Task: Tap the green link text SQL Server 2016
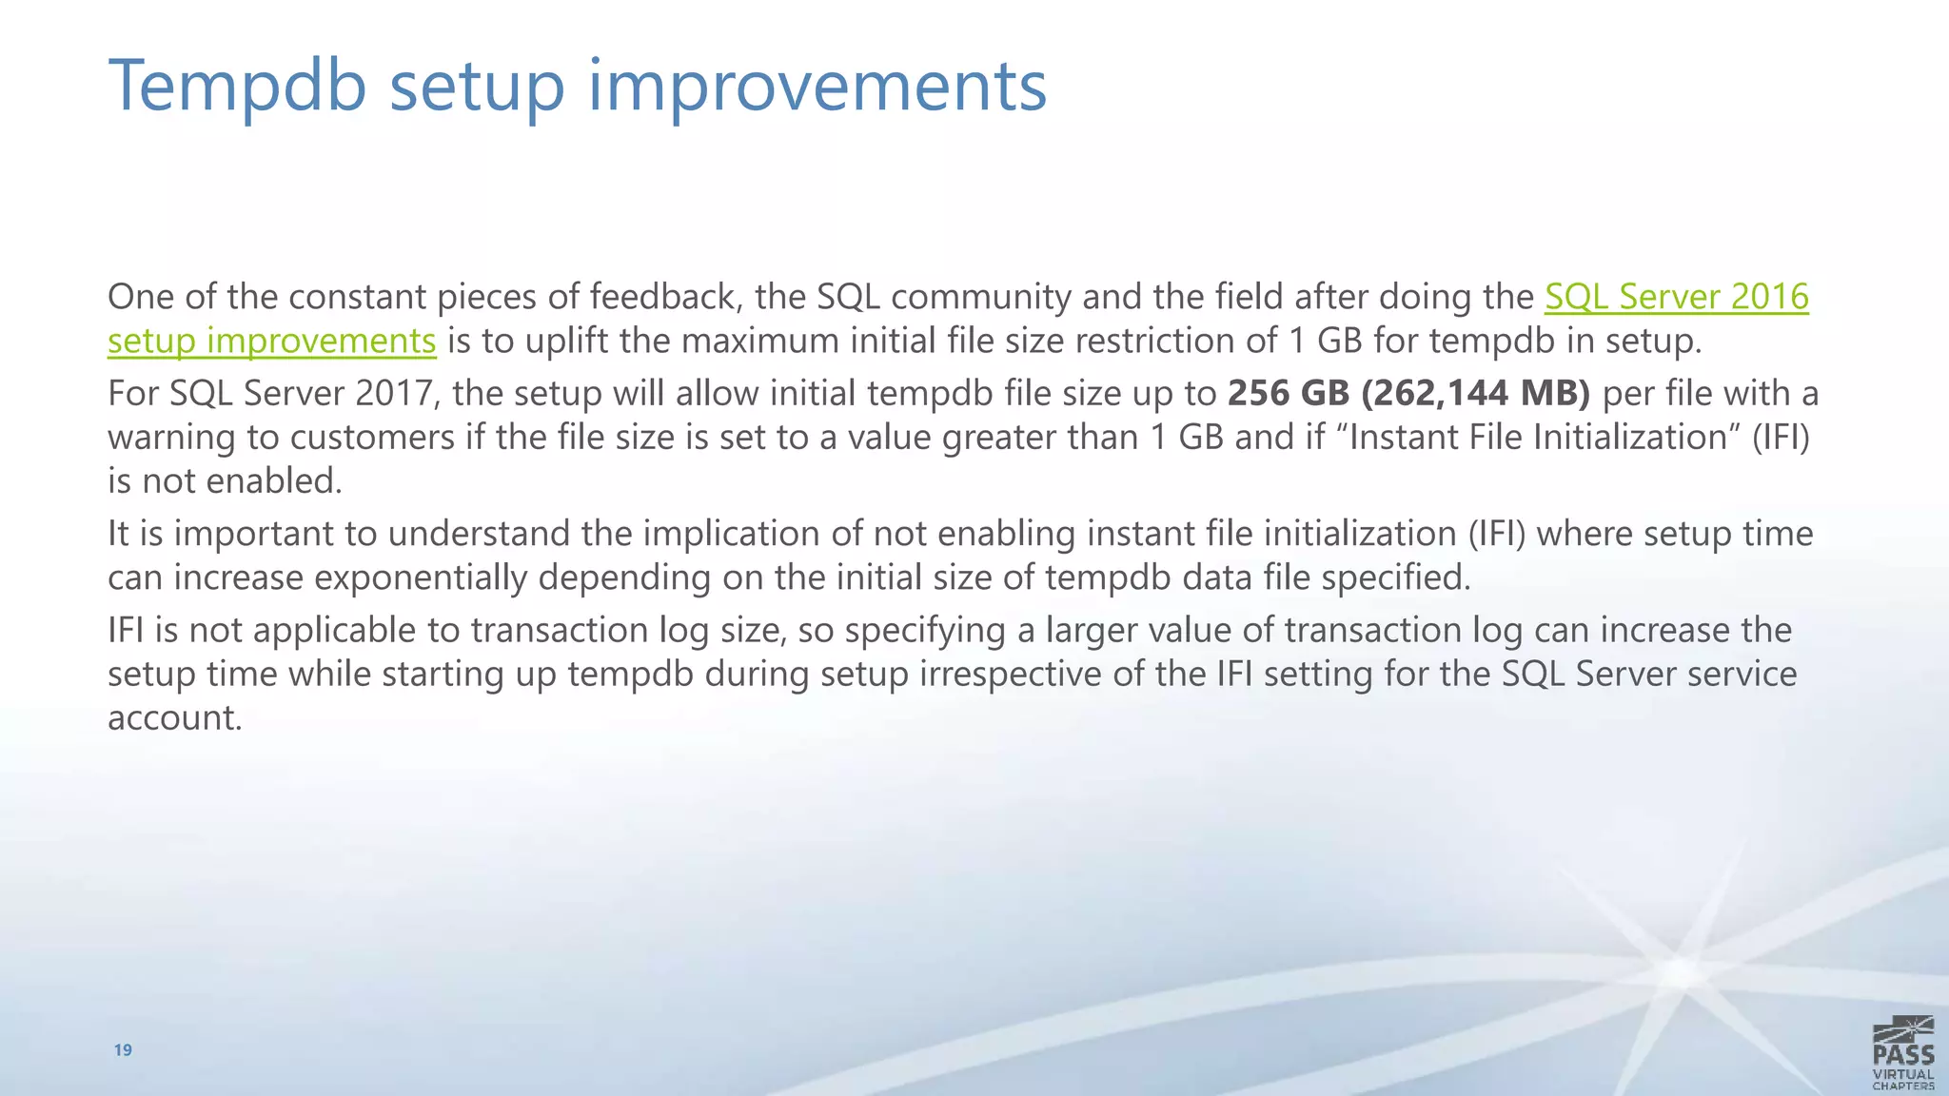click(x=1676, y=297)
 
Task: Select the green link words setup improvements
click(x=271, y=341)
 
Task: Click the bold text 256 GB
click(x=1288, y=393)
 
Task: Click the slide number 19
click(x=123, y=1050)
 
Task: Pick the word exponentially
click(x=421, y=577)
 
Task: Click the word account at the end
click(x=174, y=717)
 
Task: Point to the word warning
click(x=171, y=438)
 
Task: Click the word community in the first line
click(x=980, y=297)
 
